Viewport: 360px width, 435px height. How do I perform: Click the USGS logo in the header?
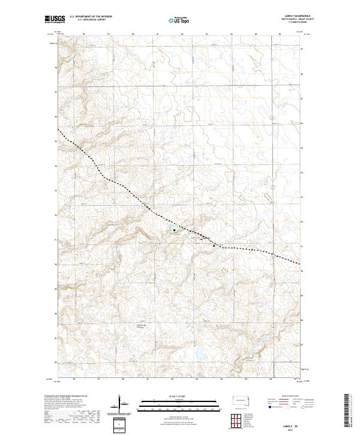[54, 19]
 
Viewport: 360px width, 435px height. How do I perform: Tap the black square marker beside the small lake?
[174, 229]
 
